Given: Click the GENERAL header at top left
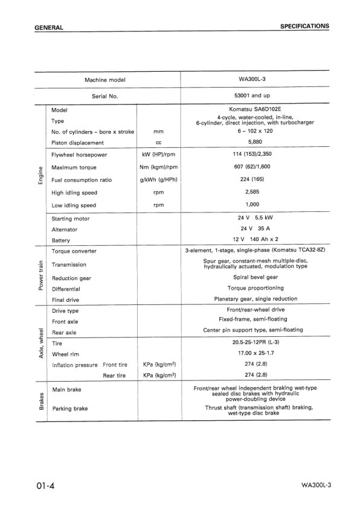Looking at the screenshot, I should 49,28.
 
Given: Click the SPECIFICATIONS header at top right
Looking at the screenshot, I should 304,27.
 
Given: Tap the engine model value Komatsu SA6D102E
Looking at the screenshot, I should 255,110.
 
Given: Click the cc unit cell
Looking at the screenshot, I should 159,143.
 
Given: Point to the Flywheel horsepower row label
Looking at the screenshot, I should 79,155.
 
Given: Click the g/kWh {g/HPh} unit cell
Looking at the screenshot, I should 159,180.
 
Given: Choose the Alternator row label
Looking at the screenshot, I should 65,229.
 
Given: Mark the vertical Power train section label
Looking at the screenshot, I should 40,275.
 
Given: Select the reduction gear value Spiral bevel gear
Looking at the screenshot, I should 255,278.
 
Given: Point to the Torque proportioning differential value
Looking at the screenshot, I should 255,289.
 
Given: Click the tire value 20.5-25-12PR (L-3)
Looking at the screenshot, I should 255,342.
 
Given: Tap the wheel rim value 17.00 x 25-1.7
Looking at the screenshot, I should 255,353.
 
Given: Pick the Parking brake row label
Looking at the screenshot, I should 69,409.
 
